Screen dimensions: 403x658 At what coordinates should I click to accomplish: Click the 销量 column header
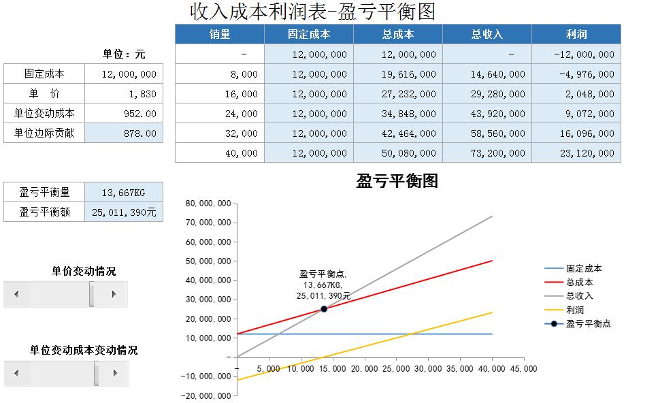pos(220,34)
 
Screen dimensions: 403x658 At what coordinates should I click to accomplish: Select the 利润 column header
pos(576,34)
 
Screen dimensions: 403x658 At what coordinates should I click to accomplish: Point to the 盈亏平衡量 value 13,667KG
pos(123,193)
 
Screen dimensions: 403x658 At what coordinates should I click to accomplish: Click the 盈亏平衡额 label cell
pos(44,212)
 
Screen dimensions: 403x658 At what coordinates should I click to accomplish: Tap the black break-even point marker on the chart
pos(324,309)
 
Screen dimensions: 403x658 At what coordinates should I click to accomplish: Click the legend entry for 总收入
pos(579,295)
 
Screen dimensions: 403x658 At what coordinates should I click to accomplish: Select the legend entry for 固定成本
pos(584,269)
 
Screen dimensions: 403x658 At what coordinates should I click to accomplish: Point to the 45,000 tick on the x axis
pos(522,368)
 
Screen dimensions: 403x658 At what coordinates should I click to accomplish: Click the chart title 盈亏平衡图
pos(397,181)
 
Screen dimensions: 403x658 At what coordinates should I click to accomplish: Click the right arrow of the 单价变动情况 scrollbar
pos(114,294)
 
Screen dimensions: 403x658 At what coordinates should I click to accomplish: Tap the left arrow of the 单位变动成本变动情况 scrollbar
pos(17,373)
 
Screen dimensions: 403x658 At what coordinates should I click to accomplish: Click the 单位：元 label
pos(124,54)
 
